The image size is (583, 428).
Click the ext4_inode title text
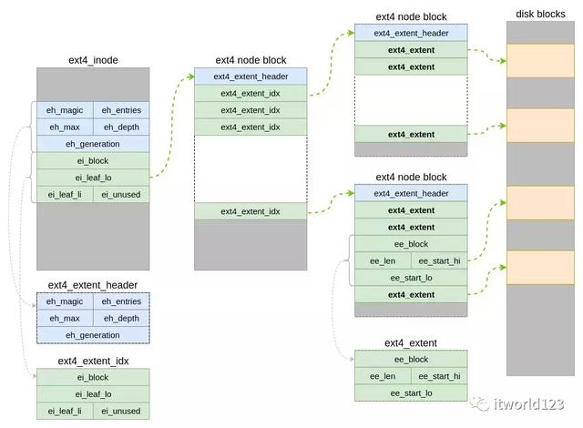[93, 60]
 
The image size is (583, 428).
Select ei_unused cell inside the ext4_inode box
[121, 193]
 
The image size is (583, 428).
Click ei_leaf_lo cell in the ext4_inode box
[93, 177]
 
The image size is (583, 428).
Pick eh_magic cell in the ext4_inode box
[65, 110]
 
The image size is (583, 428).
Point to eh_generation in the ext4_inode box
[93, 144]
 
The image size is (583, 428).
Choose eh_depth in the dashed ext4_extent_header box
[121, 318]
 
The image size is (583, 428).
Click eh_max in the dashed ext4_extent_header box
[65, 318]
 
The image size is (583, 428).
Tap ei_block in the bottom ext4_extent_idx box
[93, 377]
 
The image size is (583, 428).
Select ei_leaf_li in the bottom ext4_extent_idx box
[65, 411]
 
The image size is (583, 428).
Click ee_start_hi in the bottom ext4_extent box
[439, 376]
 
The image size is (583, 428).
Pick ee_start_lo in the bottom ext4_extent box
[411, 392]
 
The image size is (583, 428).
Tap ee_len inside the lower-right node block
[383, 260]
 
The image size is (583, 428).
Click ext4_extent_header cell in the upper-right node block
[411, 33]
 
